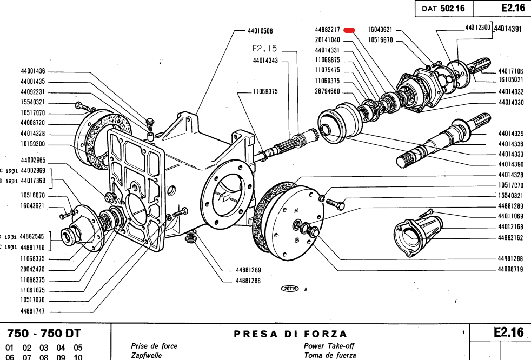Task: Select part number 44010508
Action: (260, 31)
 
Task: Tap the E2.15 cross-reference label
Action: (264, 49)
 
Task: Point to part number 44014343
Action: (265, 60)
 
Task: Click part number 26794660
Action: (327, 91)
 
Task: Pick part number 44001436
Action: (33, 71)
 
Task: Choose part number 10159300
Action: (33, 144)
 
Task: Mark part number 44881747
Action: (33, 311)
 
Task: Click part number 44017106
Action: (510, 71)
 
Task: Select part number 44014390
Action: (510, 164)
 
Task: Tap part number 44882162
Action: (510, 237)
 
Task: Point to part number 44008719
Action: (510, 269)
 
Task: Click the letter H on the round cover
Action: (296, 210)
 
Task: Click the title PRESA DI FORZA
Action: (290, 334)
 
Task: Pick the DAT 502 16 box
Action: (443, 9)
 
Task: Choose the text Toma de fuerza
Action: (330, 356)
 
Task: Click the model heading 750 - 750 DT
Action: (43, 334)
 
